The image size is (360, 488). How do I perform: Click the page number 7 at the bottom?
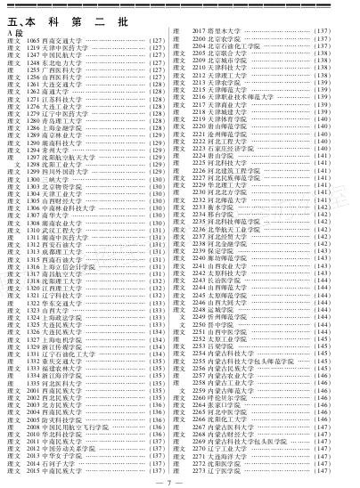click(180, 482)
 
